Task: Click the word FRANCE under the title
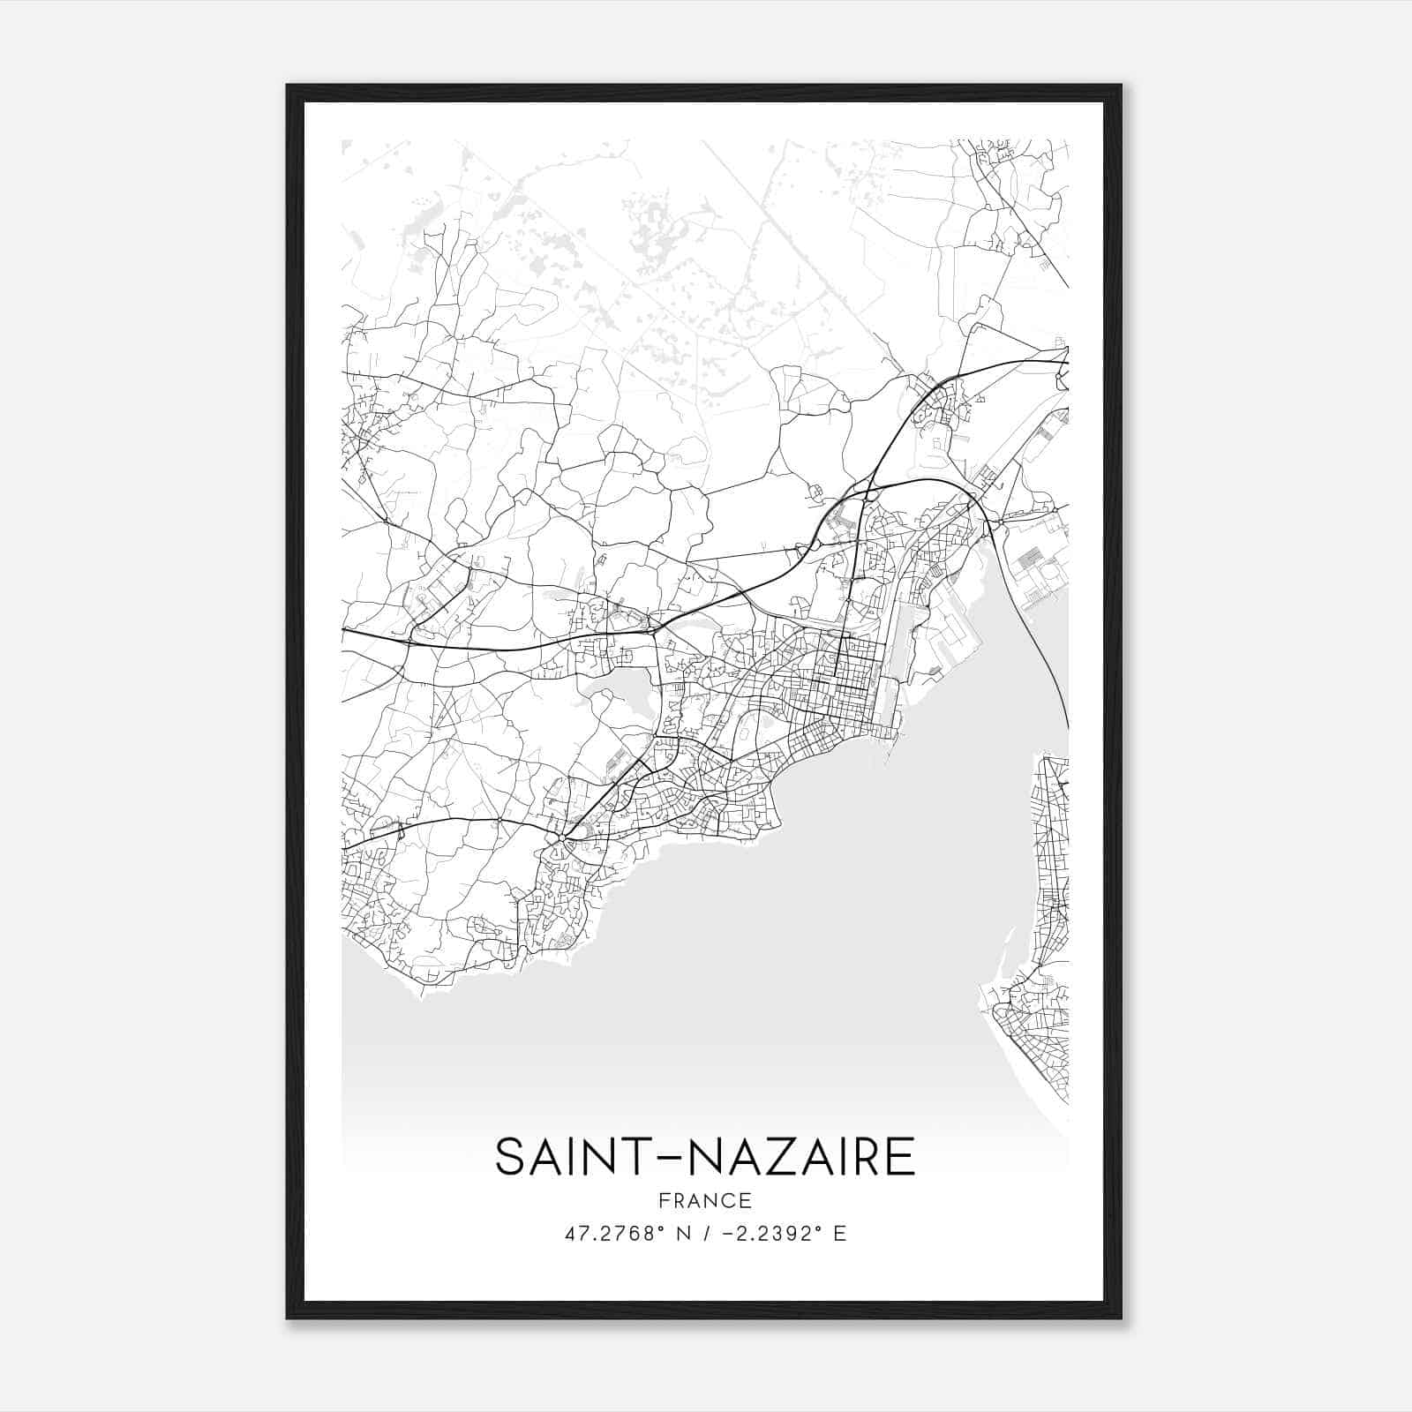(x=704, y=1200)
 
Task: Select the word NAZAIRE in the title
(x=800, y=1157)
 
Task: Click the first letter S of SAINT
(x=510, y=1157)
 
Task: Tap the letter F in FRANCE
(x=664, y=1200)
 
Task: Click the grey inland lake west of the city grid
(x=618, y=697)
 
